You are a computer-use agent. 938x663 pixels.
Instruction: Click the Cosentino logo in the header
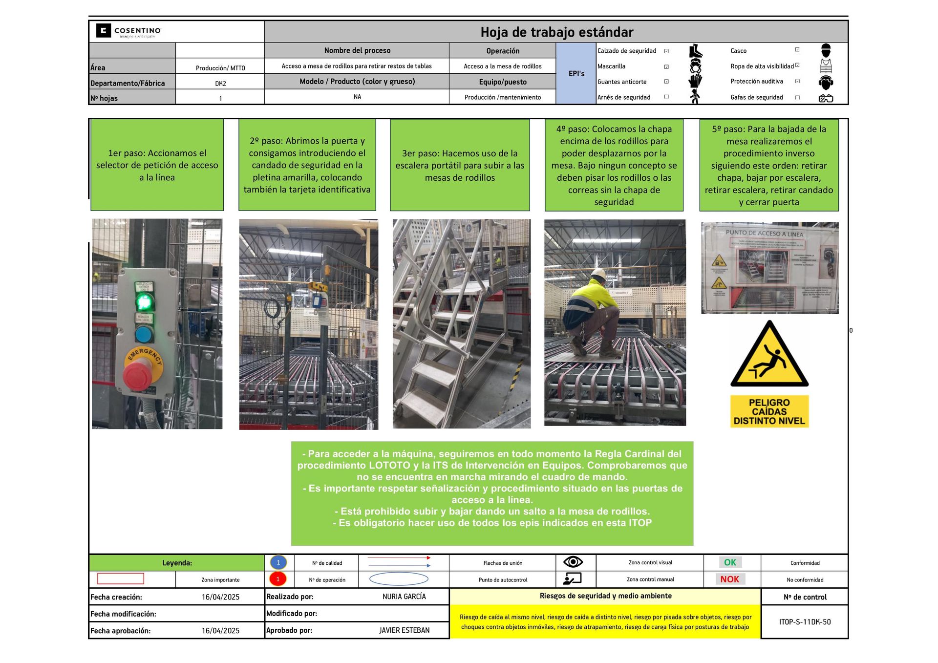128,31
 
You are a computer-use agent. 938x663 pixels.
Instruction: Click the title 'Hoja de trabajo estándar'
556,32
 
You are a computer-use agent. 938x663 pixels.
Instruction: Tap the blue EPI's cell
576,74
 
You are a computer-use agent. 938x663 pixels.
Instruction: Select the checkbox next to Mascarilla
666,66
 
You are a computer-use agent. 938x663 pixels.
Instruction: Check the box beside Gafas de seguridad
797,98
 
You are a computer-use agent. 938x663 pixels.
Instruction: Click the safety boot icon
695,51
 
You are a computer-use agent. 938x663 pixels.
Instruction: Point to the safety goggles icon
826,98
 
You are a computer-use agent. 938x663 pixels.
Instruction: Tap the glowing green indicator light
144,302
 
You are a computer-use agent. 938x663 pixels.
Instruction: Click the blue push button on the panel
144,334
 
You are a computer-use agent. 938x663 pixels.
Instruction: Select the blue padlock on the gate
318,300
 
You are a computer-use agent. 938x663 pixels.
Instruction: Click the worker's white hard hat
599,274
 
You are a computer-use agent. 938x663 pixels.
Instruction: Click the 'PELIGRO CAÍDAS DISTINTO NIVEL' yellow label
769,411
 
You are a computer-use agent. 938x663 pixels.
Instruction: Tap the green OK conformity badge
730,562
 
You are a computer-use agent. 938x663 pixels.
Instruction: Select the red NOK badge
729,579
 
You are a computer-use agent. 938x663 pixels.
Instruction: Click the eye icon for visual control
573,562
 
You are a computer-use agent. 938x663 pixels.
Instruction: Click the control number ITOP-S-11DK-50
805,622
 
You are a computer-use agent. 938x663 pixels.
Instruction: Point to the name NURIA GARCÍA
404,597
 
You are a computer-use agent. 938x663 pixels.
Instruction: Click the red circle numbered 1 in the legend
278,579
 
